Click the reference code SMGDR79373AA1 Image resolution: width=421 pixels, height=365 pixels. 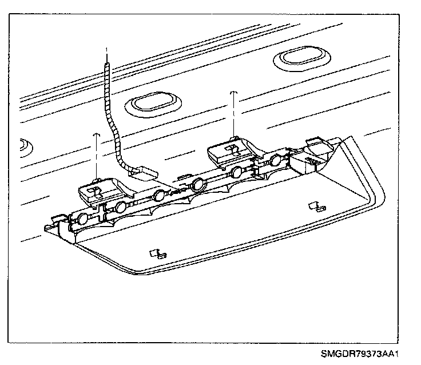point(359,353)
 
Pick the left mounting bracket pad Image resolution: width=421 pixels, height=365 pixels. point(97,189)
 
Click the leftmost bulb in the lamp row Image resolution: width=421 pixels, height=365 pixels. point(84,218)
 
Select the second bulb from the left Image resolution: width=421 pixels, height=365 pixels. point(120,207)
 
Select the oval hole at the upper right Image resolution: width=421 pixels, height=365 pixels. point(295,58)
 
